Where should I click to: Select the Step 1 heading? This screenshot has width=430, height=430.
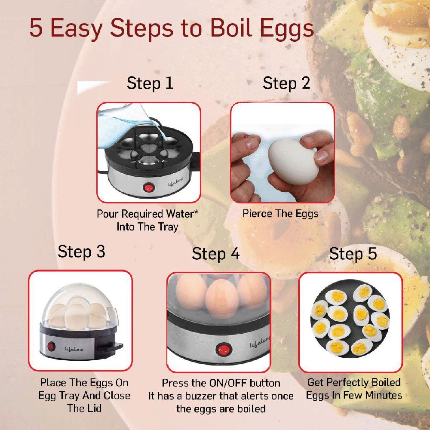[x=150, y=83]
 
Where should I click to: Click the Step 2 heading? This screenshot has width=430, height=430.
[x=286, y=83]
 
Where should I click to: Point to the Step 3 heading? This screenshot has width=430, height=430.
[x=81, y=252]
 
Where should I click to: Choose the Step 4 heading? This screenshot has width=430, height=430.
[x=215, y=254]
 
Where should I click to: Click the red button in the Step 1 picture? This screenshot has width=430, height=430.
[x=148, y=188]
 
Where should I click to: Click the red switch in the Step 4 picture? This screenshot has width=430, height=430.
[x=222, y=350]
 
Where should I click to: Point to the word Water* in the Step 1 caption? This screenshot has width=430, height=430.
[x=181, y=214]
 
